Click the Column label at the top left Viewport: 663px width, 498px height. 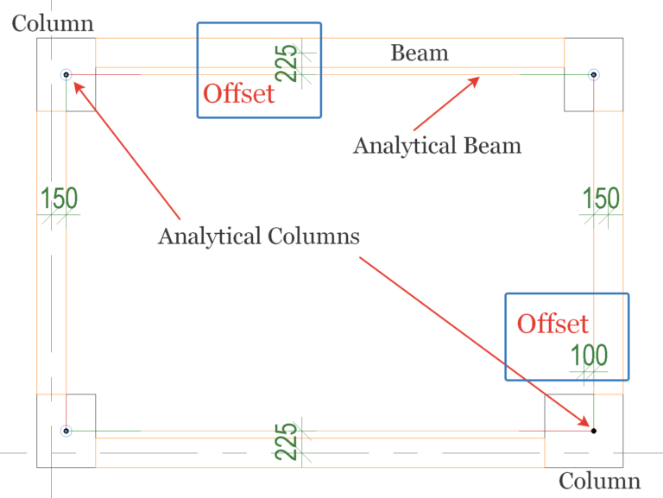[x=53, y=23]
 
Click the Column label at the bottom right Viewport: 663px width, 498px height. [x=599, y=481]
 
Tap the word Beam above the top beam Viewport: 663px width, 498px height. [x=420, y=54]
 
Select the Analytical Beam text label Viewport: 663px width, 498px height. [x=437, y=145]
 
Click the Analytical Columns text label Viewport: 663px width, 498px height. [x=258, y=236]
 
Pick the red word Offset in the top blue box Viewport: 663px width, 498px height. [x=238, y=93]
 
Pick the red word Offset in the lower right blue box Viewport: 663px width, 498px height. [x=552, y=324]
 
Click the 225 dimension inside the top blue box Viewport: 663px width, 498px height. [x=290, y=63]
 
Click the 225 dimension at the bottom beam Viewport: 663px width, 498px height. [x=290, y=441]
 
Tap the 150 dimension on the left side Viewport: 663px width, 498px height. [x=60, y=199]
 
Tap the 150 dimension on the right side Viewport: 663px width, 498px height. [x=600, y=199]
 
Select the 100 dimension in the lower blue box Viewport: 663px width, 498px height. [x=589, y=355]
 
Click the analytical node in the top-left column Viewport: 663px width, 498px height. [x=66, y=75]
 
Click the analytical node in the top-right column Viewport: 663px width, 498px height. [x=594, y=75]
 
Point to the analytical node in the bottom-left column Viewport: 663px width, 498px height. [x=66, y=430]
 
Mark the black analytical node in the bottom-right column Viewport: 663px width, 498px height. [x=594, y=430]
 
